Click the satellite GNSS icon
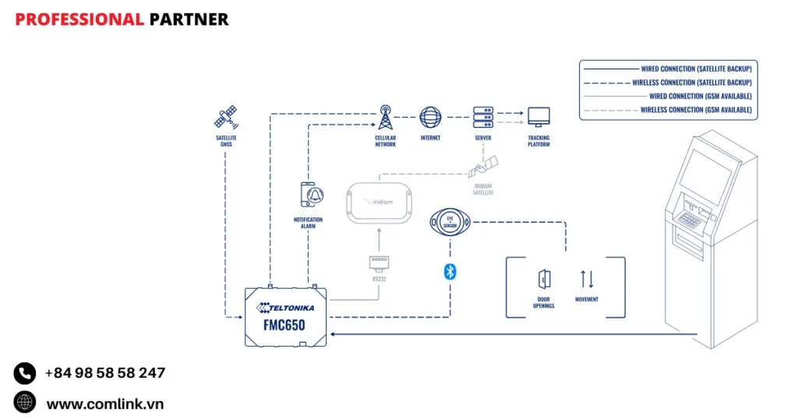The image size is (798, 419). pos(226,118)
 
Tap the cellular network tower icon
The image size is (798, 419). pos(385,118)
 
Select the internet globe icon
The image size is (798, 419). pos(430,118)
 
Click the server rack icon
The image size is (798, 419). pos(483,118)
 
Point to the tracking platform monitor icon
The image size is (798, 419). pos(538,118)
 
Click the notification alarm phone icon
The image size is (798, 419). pos(309,195)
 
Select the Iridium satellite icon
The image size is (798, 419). pos(484,166)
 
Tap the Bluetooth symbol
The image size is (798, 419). pos(450,271)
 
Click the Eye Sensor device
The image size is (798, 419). pos(450,222)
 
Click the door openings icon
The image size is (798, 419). pos(544,279)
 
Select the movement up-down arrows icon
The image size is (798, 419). pos(587,279)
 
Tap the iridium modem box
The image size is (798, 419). pos(380,201)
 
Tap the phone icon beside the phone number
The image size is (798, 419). pos(25,373)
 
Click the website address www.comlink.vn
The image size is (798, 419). pos(104,403)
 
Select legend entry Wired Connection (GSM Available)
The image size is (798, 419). pos(699,97)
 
